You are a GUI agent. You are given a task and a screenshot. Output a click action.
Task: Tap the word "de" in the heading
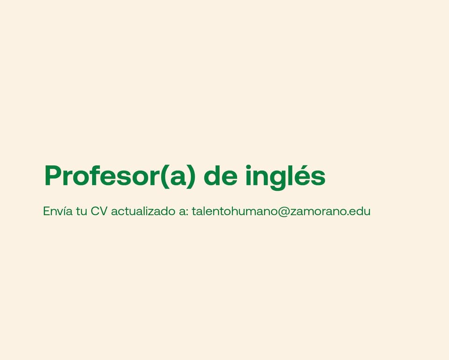[x=220, y=176]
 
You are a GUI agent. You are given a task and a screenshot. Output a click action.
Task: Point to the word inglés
[x=285, y=177]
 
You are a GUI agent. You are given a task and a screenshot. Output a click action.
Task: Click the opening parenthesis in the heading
[x=164, y=177]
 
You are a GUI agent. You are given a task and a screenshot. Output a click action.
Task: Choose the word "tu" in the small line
[x=81, y=212]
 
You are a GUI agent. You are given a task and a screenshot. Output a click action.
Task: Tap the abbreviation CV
[x=99, y=211]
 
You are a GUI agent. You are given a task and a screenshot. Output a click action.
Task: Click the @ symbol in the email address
[x=283, y=212]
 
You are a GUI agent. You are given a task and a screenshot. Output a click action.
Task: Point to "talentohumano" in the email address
[x=235, y=211]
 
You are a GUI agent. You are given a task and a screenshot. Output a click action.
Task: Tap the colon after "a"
[x=187, y=213]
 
